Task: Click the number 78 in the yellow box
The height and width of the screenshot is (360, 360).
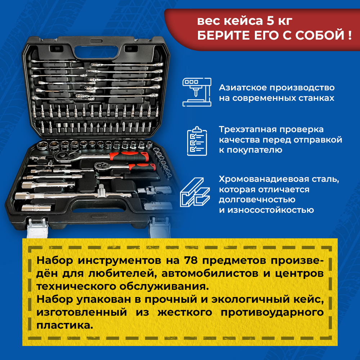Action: click(x=191, y=260)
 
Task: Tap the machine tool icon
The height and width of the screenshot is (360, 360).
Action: click(x=197, y=92)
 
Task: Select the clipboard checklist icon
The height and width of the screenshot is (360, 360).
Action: click(x=197, y=141)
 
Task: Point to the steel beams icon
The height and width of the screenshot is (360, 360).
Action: click(x=195, y=192)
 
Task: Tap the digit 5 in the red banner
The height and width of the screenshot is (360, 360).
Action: click(x=270, y=21)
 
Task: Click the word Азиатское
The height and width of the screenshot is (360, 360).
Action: click(x=243, y=87)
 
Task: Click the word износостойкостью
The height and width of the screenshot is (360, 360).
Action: click(x=271, y=210)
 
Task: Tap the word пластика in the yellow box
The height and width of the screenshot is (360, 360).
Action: click(x=65, y=325)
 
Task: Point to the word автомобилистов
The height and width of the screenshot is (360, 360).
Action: click(x=210, y=274)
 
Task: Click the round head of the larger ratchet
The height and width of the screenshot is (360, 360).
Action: click(x=62, y=157)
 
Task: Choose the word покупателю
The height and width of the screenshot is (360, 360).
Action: click(x=255, y=150)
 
